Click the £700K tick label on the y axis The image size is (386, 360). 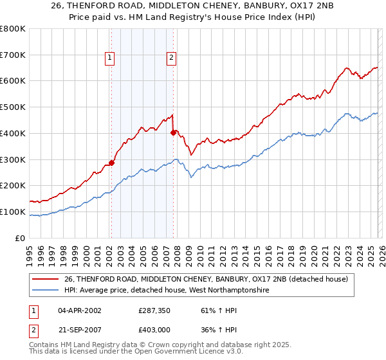click(x=13, y=55)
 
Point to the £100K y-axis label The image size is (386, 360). click(x=13, y=212)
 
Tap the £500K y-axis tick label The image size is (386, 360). click(x=13, y=107)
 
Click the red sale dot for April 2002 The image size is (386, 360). click(x=111, y=163)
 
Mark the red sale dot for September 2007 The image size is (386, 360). click(x=173, y=132)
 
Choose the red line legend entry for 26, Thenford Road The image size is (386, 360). click(x=206, y=279)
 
